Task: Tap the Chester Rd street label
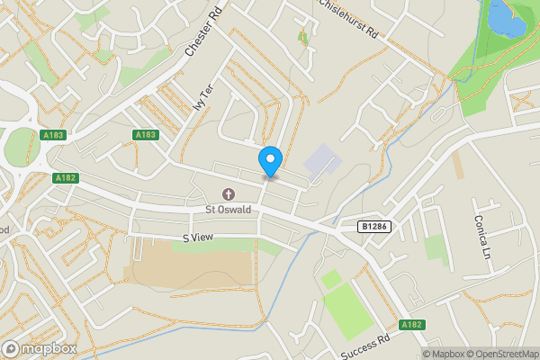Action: click(x=202, y=32)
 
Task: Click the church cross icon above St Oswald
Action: click(x=228, y=195)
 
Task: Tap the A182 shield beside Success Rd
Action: click(x=411, y=325)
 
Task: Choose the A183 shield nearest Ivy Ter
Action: click(x=146, y=135)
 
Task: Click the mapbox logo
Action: click(x=39, y=348)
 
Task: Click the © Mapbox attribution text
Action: click(x=445, y=353)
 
